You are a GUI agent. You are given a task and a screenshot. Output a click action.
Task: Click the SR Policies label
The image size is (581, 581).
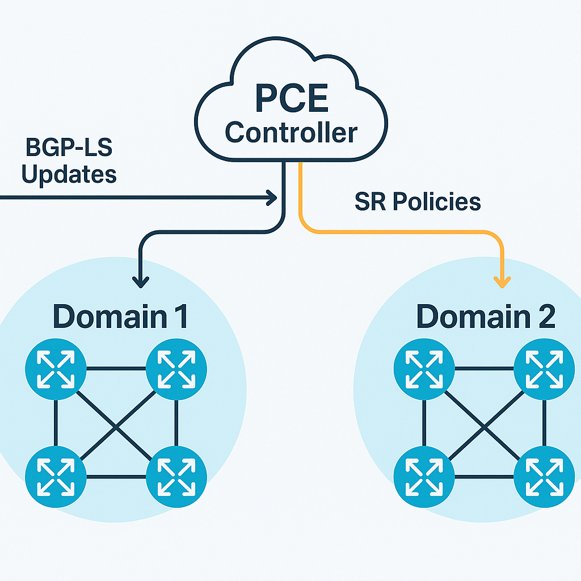418,202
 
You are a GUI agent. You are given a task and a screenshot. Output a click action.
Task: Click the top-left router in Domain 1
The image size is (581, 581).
56,369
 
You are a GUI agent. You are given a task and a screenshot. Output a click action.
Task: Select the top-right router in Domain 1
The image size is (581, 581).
176,369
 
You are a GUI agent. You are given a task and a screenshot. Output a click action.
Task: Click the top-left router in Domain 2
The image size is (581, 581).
424,369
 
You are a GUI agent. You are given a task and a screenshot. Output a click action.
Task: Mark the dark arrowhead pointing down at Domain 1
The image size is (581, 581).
140,280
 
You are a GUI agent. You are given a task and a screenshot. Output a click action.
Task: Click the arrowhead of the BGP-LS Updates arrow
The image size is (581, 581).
271,197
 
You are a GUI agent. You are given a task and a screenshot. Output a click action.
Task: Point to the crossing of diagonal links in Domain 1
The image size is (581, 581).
116,424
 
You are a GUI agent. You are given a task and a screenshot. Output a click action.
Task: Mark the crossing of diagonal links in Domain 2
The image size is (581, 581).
484,424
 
